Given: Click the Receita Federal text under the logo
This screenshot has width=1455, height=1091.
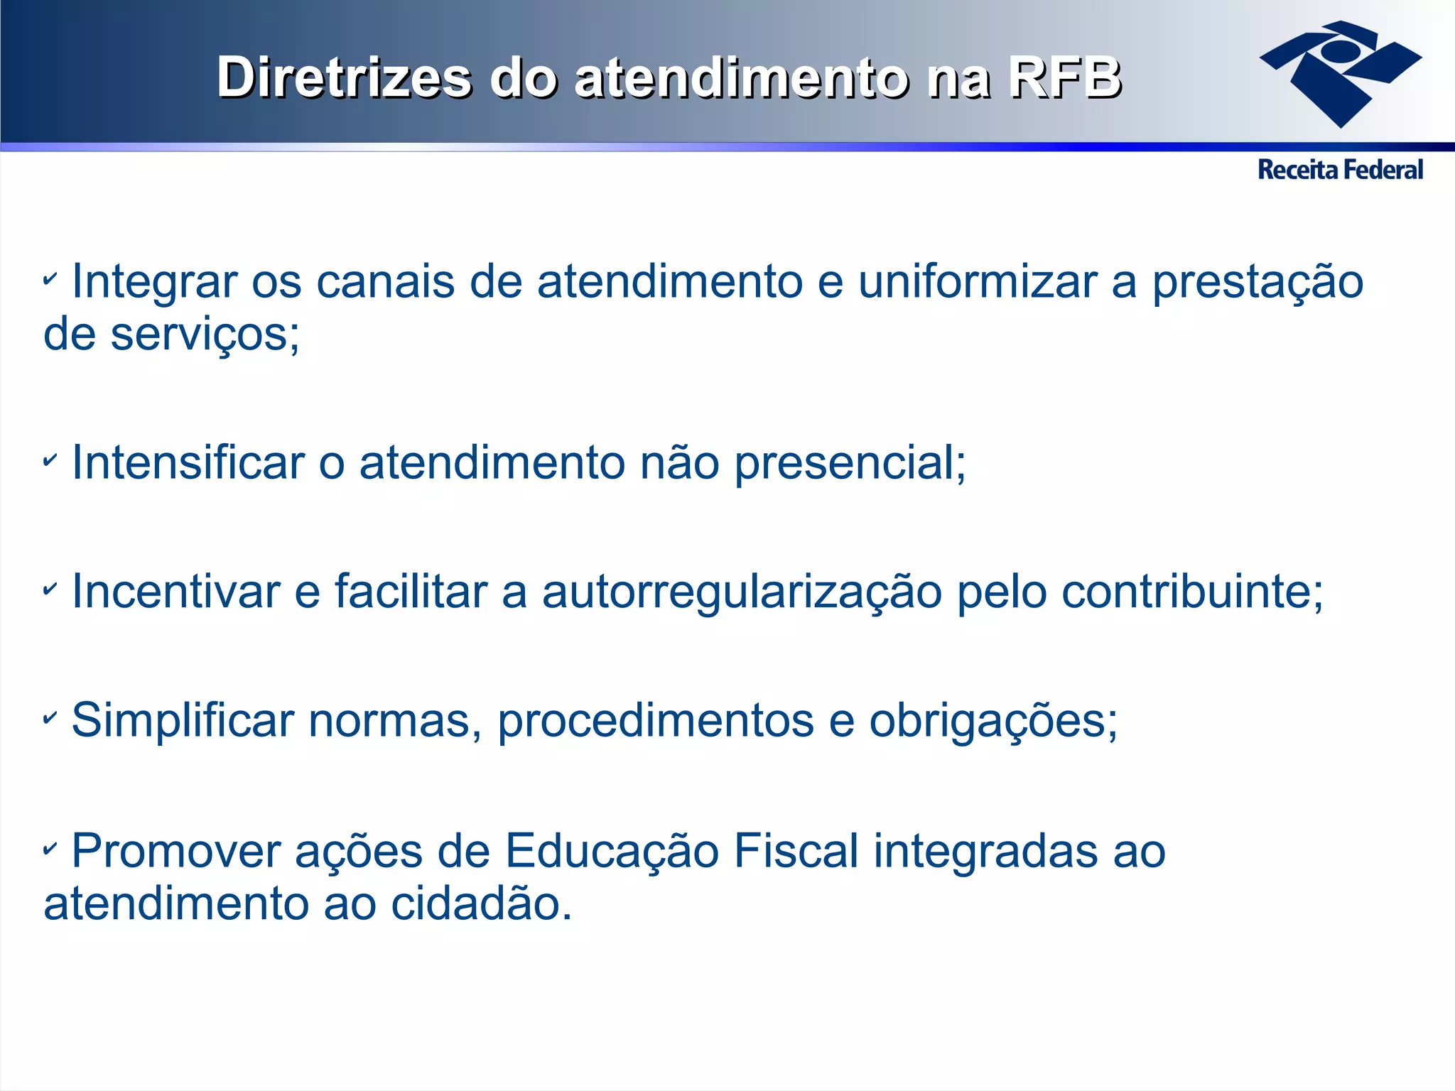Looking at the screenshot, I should click(x=1340, y=170).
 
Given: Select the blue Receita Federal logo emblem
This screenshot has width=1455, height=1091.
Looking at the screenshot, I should click(x=1340, y=72).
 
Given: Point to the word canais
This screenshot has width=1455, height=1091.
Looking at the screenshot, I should click(x=384, y=282).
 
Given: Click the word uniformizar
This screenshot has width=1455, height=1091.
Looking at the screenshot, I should click(x=978, y=282).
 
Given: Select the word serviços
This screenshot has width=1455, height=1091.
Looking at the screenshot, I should click(x=205, y=335).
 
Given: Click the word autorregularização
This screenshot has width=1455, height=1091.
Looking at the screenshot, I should click(x=742, y=593).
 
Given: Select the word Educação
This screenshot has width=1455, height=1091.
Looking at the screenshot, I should click(x=612, y=852).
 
